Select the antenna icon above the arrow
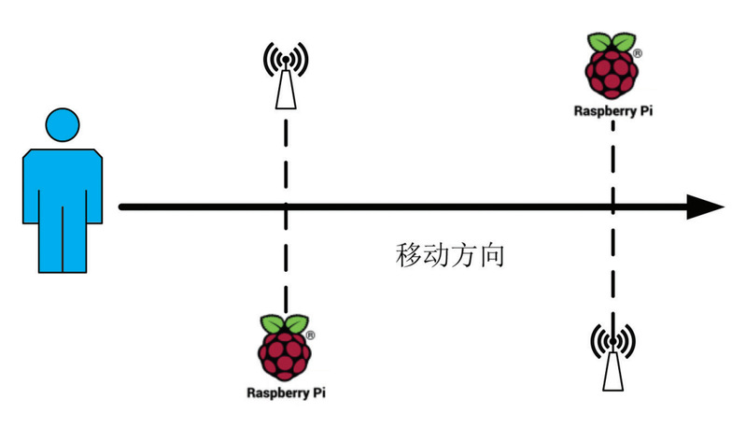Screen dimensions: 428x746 (285, 76)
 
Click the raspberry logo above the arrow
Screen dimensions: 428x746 (612, 67)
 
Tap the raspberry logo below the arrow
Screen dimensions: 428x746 (286, 347)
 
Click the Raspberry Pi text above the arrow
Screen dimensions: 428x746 (612, 109)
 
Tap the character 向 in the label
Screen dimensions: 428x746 (492, 255)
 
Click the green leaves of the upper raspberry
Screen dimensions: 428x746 (612, 42)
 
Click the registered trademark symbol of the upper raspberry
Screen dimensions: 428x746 (636, 54)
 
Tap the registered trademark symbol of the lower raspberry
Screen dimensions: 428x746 (310, 334)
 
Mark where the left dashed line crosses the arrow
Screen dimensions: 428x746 (285, 207)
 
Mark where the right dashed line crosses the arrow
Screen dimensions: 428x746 (612, 207)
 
